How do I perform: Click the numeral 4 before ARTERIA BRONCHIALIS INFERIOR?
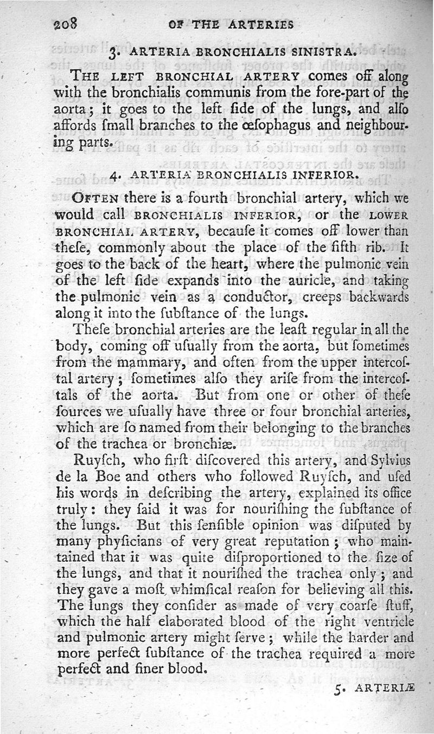pyautogui.click(x=113, y=176)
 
